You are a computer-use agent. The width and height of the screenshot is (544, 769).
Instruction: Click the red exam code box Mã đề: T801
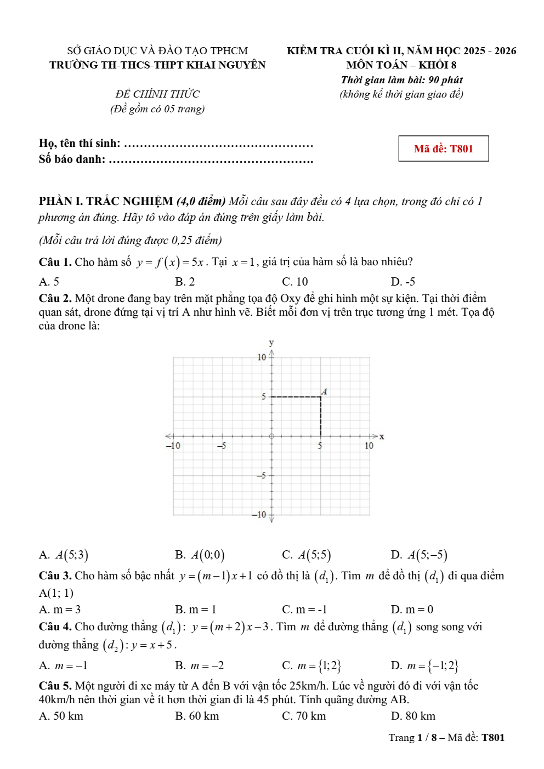(x=443, y=149)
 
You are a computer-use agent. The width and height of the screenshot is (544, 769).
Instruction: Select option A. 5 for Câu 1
(x=49, y=282)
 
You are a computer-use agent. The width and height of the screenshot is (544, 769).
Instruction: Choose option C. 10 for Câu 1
(x=295, y=282)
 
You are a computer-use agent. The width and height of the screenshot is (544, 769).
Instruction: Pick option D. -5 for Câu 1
(x=403, y=282)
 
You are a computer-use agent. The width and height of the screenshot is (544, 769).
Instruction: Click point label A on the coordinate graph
(x=325, y=391)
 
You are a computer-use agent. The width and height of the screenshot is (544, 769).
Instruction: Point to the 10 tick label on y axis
(x=262, y=357)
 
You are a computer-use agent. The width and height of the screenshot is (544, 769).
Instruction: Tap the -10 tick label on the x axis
(x=173, y=446)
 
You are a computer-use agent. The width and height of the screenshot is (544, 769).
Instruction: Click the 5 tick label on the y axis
(x=263, y=396)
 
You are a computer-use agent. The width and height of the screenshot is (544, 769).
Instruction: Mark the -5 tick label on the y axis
(x=262, y=475)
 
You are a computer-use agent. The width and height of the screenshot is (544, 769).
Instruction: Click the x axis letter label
(x=382, y=437)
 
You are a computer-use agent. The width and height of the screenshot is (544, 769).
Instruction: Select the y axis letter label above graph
(x=271, y=343)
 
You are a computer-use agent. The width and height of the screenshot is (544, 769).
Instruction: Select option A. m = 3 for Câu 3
(x=60, y=609)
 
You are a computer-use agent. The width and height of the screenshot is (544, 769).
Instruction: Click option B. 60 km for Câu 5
(x=197, y=716)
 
